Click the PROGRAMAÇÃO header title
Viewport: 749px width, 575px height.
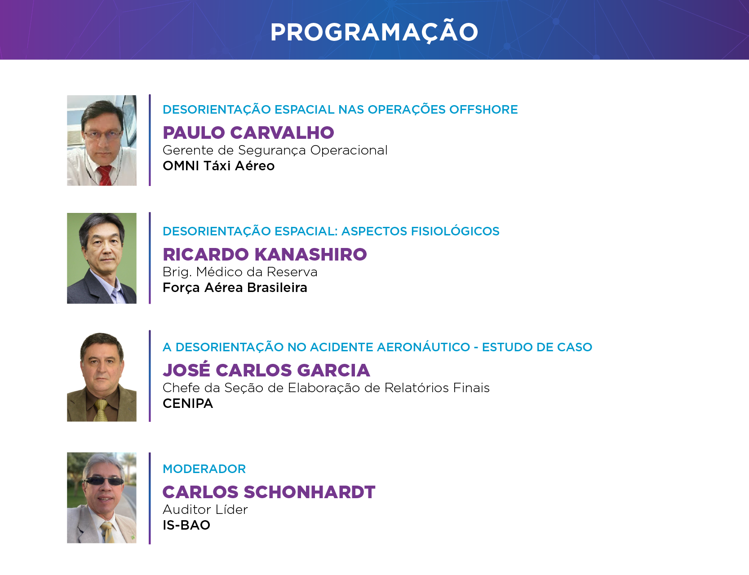(374, 32)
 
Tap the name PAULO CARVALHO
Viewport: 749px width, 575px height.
(248, 133)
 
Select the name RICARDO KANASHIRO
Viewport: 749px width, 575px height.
(265, 254)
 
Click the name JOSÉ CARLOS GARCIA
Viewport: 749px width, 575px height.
(266, 370)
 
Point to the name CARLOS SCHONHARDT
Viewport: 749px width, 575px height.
(269, 492)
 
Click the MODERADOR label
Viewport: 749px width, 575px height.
(204, 469)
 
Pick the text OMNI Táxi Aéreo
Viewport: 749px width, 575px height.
(218, 166)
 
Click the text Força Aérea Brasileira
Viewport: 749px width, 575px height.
(235, 287)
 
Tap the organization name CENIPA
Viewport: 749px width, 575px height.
(188, 403)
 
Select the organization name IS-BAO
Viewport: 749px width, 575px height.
(186, 525)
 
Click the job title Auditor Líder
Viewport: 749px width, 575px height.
(205, 509)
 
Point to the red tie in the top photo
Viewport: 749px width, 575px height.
(105, 175)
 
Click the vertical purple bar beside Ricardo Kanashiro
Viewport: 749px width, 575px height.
(150, 258)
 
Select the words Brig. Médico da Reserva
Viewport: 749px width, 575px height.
(240, 272)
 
